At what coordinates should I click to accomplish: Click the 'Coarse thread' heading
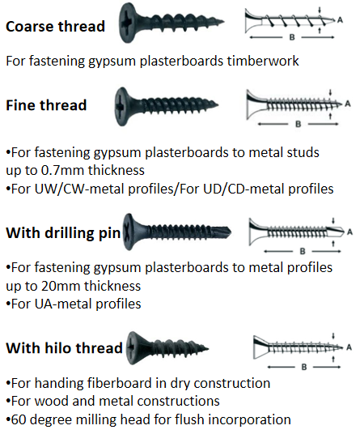pyautogui.click(x=55, y=27)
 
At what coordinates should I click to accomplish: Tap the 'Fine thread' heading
pyautogui.click(x=46, y=105)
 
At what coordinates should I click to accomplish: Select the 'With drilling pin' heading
pyautogui.click(x=63, y=233)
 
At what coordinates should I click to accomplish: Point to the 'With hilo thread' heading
pyautogui.click(x=64, y=348)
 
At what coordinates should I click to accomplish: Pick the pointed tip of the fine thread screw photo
pyautogui.click(x=218, y=104)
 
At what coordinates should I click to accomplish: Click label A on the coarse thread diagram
pyautogui.click(x=340, y=20)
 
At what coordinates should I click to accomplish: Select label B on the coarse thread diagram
pyautogui.click(x=292, y=37)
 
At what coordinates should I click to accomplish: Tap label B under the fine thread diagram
pyautogui.click(x=298, y=124)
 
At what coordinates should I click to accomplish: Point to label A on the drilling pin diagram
pyautogui.click(x=349, y=232)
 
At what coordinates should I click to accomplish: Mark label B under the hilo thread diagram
pyautogui.click(x=304, y=367)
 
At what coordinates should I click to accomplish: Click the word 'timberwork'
pyautogui.click(x=263, y=61)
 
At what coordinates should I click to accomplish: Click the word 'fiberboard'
pyautogui.click(x=127, y=383)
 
